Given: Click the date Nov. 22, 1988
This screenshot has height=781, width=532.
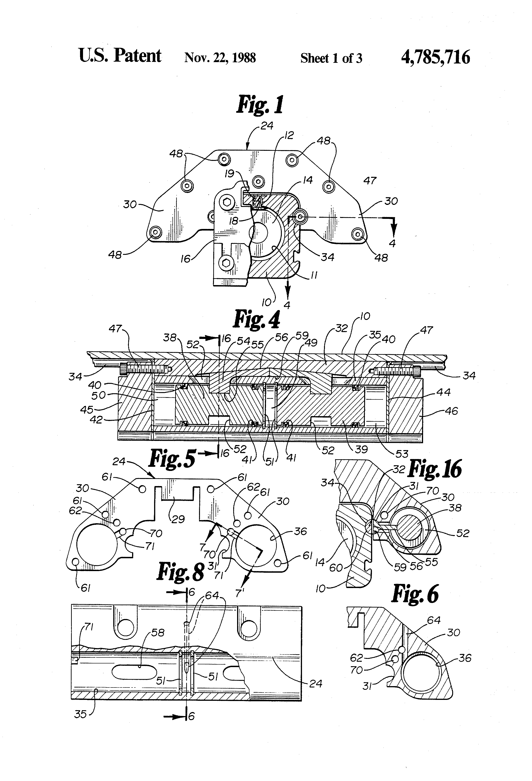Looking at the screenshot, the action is (x=220, y=58).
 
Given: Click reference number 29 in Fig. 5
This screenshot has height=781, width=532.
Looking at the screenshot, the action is (x=178, y=519).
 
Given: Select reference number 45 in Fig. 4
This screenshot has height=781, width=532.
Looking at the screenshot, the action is (x=87, y=409).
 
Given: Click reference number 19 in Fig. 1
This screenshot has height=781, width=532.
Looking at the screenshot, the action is (x=230, y=174).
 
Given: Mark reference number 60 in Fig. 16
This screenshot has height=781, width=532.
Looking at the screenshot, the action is (x=336, y=568).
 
